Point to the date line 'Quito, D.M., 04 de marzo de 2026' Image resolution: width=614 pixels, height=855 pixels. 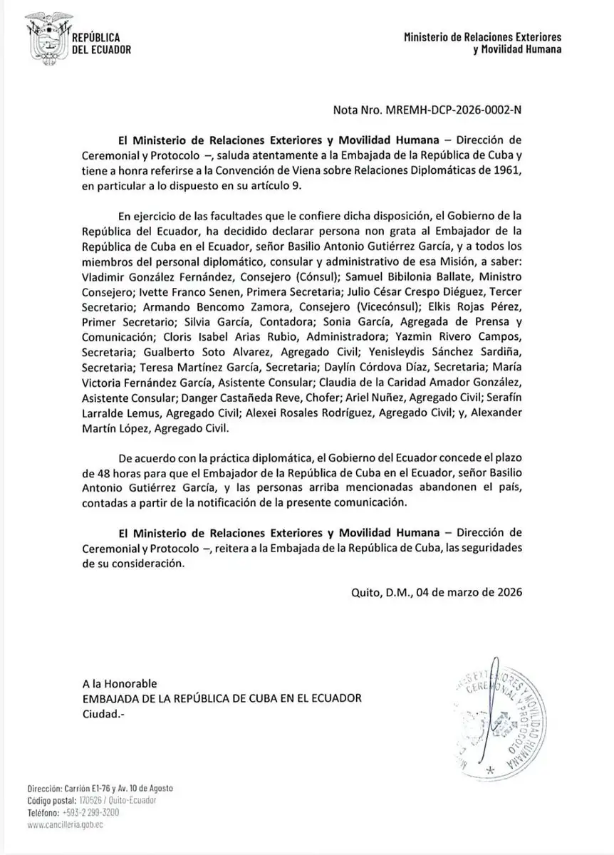pyautogui.click(x=437, y=591)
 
